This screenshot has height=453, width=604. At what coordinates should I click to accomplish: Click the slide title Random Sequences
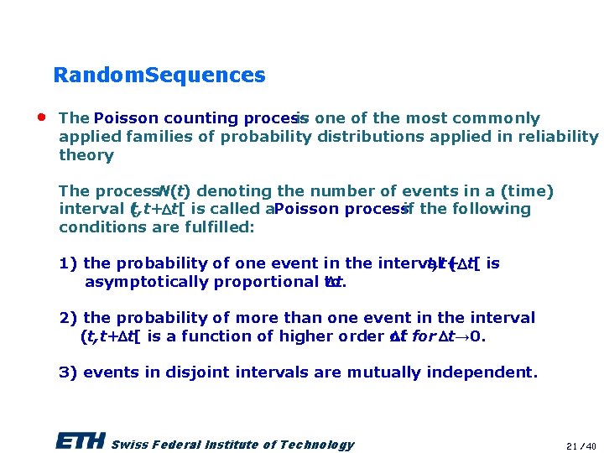point(159,75)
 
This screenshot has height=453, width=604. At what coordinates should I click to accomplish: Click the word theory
point(86,155)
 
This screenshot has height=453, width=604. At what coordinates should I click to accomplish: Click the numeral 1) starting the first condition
point(69,263)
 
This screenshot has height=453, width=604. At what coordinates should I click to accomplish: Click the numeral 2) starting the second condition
point(69,318)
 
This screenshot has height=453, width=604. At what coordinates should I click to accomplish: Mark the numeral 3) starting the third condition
point(69,372)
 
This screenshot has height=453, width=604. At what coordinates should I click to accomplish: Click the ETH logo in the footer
point(80,442)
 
